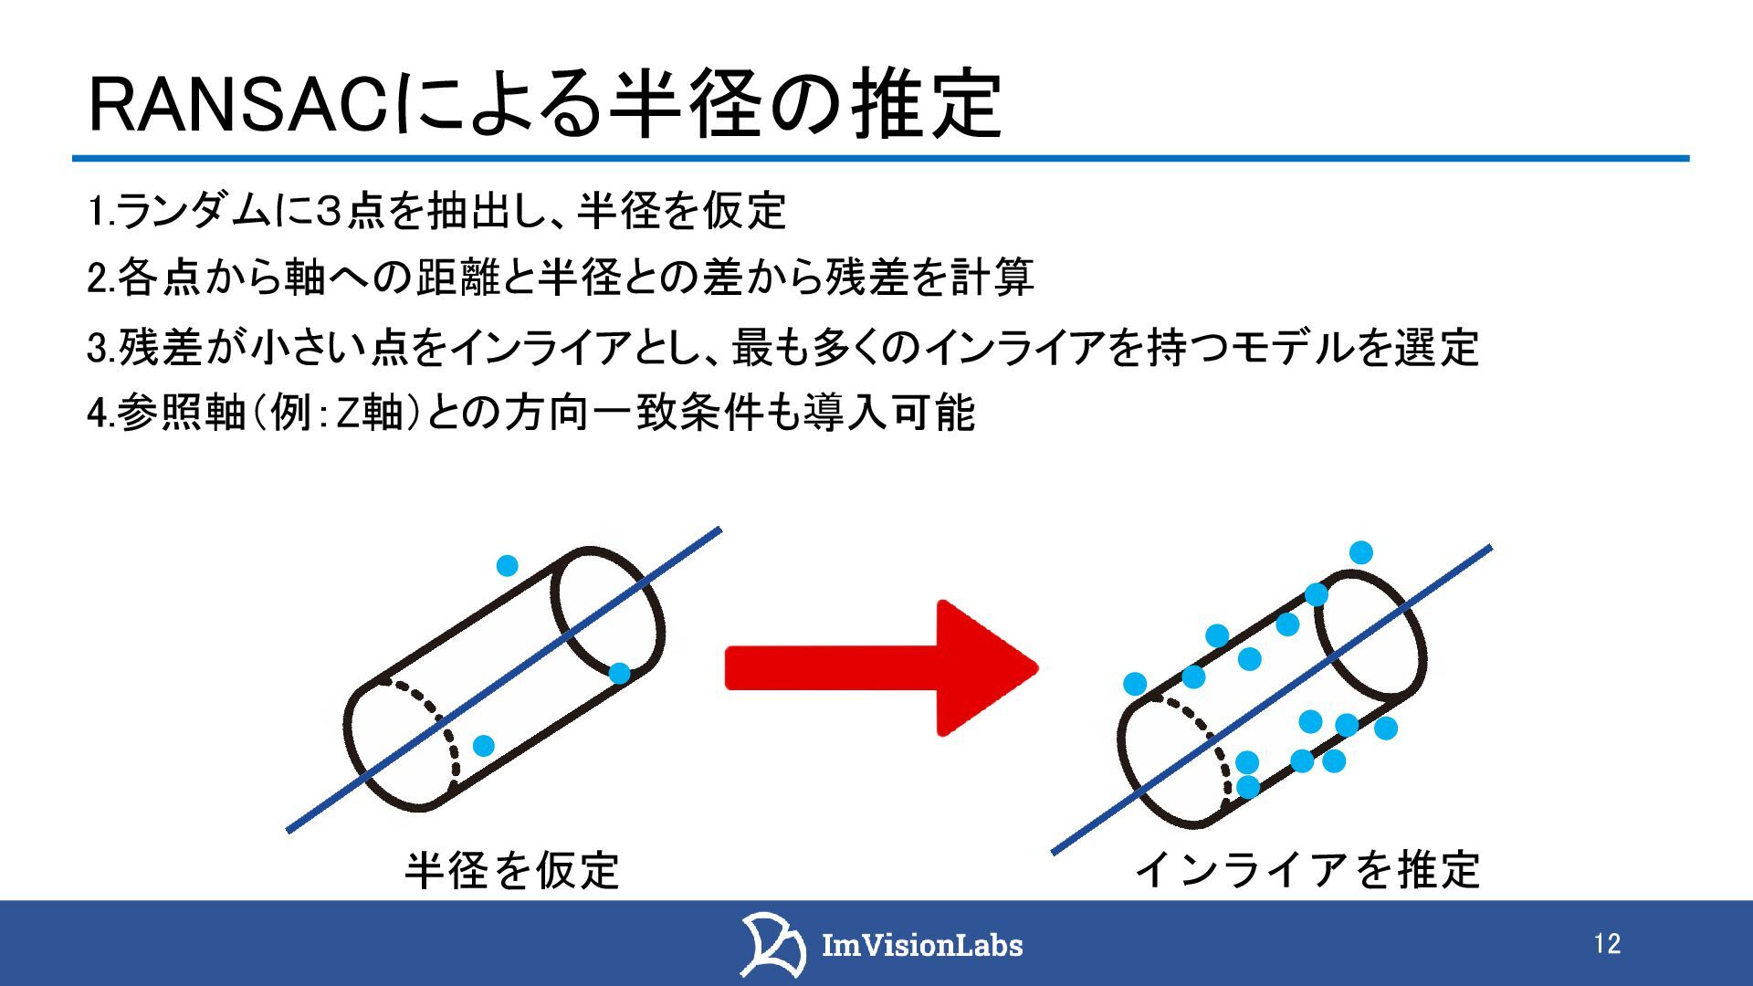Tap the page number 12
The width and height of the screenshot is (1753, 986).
tap(1607, 944)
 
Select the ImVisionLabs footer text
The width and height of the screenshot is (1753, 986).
tap(922, 945)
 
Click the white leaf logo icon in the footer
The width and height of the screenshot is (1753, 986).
tap(772, 944)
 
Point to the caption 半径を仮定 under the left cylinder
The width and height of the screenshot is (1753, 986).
tap(512, 870)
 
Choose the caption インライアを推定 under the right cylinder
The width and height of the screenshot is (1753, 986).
tap(1307, 870)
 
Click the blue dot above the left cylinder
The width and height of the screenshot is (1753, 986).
tap(507, 566)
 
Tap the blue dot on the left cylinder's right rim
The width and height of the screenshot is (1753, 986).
tap(619, 674)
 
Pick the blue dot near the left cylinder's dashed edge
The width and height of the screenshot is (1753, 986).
tap(483, 746)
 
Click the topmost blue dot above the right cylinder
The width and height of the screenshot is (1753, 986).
tap(1360, 552)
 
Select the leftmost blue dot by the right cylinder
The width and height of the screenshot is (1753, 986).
tap(1135, 684)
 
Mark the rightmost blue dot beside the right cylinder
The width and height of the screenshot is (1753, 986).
tap(1386, 728)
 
